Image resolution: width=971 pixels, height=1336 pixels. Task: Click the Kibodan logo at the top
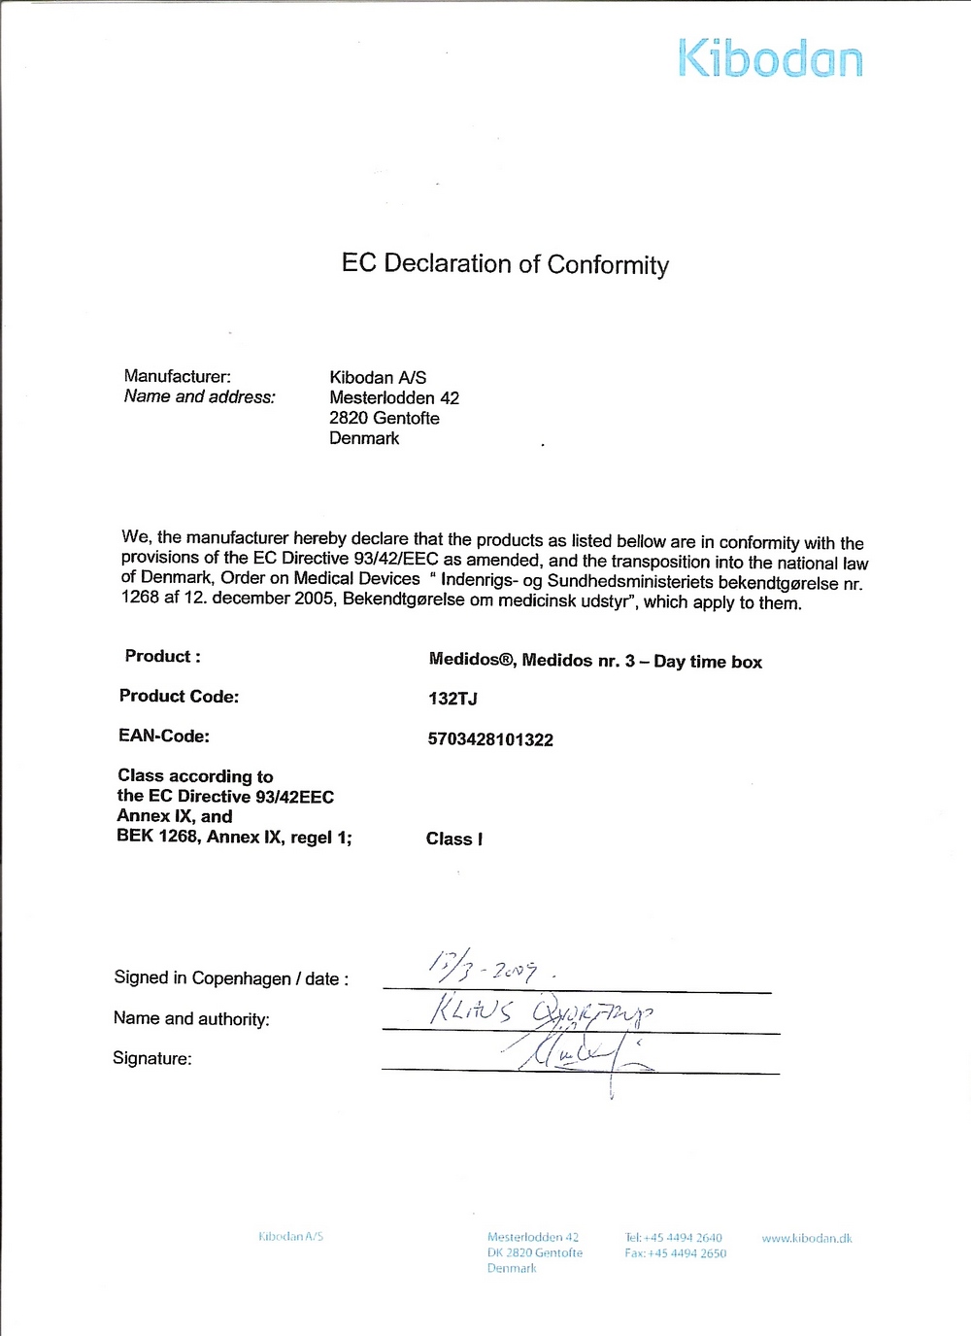(x=770, y=58)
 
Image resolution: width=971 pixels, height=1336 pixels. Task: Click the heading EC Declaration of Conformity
(x=505, y=264)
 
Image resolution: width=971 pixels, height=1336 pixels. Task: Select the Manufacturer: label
(x=178, y=376)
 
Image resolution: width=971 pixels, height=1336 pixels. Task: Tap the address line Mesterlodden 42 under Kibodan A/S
(x=394, y=397)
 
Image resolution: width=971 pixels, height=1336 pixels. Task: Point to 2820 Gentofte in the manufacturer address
(x=385, y=418)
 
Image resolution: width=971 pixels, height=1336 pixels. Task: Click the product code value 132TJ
(x=452, y=699)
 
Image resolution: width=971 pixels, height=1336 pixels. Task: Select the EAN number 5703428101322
(x=490, y=739)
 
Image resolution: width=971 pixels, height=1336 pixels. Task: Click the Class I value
(x=454, y=839)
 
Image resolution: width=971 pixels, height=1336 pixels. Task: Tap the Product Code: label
(x=179, y=696)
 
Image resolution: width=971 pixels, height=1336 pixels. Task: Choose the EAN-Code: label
(x=164, y=736)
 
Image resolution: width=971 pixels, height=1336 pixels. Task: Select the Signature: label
(x=152, y=1058)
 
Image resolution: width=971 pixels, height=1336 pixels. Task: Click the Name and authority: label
(x=191, y=1018)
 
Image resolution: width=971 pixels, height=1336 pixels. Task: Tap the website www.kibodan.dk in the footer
(x=807, y=1238)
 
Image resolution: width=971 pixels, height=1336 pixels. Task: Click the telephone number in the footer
(x=674, y=1238)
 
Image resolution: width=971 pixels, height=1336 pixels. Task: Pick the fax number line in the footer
(x=676, y=1253)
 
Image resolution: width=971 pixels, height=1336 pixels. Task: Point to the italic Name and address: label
(x=200, y=396)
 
